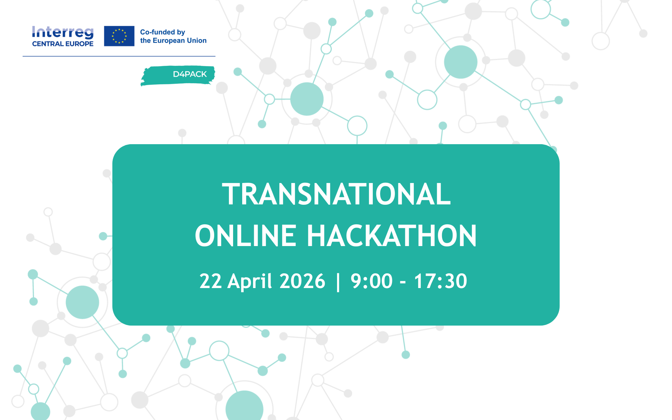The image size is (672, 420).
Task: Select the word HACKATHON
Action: (392, 236)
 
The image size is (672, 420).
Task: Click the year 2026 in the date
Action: (302, 281)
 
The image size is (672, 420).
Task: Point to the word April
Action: (250, 282)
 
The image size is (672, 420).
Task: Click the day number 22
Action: (210, 281)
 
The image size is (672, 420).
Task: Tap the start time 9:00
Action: (372, 281)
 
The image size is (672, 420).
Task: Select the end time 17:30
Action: (441, 281)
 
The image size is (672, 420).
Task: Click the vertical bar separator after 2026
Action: (338, 282)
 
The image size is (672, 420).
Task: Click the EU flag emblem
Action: (119, 36)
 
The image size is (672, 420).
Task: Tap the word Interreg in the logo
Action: (63, 33)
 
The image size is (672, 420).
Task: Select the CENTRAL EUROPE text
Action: (63, 44)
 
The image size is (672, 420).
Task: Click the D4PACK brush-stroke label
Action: (178, 75)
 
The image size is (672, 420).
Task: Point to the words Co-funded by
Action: (162, 32)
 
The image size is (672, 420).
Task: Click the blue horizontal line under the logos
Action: (119, 56)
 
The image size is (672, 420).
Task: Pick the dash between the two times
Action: (403, 282)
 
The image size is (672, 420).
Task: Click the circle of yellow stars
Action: (119, 36)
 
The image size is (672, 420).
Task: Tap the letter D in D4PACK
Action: (176, 74)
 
